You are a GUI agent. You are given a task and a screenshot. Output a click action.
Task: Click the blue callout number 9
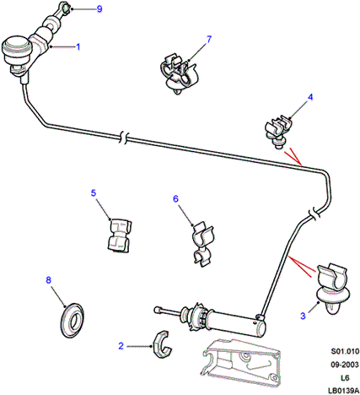tap(99, 9)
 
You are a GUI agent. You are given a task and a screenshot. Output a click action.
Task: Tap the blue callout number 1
tap(78, 46)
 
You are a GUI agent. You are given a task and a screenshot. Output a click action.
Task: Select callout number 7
tap(209, 40)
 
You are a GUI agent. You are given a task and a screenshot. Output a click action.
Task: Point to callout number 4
tap(310, 97)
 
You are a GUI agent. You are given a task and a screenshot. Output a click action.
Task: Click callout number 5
tap(94, 193)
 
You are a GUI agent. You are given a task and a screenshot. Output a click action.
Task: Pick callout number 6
tap(175, 199)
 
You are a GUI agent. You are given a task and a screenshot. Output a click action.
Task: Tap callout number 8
tap(49, 280)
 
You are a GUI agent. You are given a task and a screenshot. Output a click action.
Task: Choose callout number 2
tap(121, 346)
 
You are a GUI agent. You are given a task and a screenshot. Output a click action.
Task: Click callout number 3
tap(303, 316)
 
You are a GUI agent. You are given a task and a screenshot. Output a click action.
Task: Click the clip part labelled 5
tap(120, 235)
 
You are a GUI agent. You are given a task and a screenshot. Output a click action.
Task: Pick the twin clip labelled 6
tap(203, 244)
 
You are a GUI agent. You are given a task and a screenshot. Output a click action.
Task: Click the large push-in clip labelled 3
tap(333, 289)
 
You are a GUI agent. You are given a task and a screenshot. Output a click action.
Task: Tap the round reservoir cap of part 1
tap(17, 46)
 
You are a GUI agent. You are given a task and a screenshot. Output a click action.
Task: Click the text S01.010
tap(345, 351)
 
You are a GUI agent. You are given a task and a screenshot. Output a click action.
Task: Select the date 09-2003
tap(345, 365)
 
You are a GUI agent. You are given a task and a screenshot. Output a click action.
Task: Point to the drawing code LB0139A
tap(343, 391)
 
